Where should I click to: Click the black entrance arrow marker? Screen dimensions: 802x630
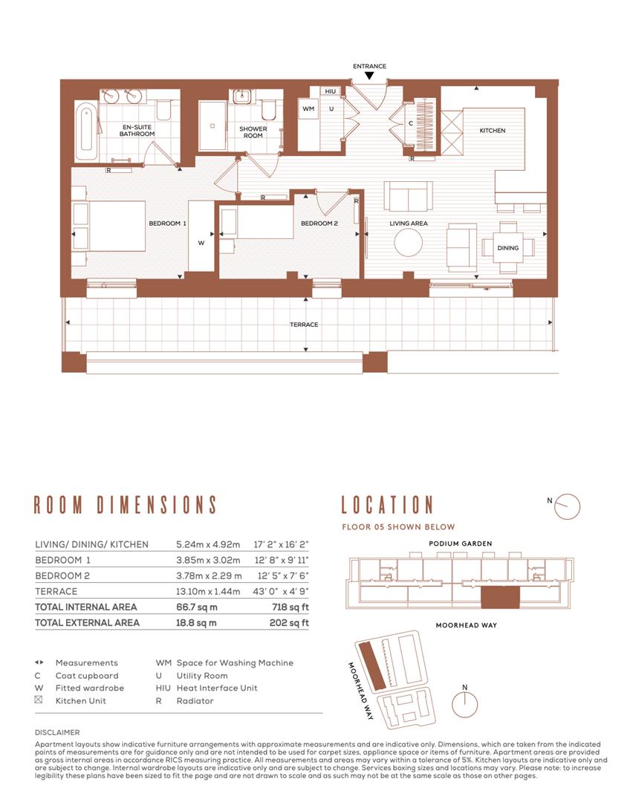tap(369, 76)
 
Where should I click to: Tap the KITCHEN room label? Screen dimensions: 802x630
tap(492, 131)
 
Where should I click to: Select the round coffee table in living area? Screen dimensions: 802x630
tap(409, 242)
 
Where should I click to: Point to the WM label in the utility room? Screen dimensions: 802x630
tap(308, 109)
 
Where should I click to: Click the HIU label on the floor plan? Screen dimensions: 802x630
tap(331, 91)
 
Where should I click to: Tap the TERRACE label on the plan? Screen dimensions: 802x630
tap(304, 325)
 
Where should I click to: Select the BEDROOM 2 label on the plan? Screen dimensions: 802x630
tap(319, 224)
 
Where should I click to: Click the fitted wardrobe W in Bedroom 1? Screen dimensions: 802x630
tap(201, 242)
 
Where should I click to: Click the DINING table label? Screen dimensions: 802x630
tap(508, 248)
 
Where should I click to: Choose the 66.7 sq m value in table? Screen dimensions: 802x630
tap(196, 607)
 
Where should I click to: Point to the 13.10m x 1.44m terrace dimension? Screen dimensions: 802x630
tap(207, 592)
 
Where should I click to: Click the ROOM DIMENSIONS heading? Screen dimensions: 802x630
tap(126, 506)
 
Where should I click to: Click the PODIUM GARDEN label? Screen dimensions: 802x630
tap(460, 544)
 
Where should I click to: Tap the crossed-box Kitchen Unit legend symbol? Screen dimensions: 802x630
tap(39, 700)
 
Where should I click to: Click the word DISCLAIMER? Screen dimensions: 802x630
tap(56, 732)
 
